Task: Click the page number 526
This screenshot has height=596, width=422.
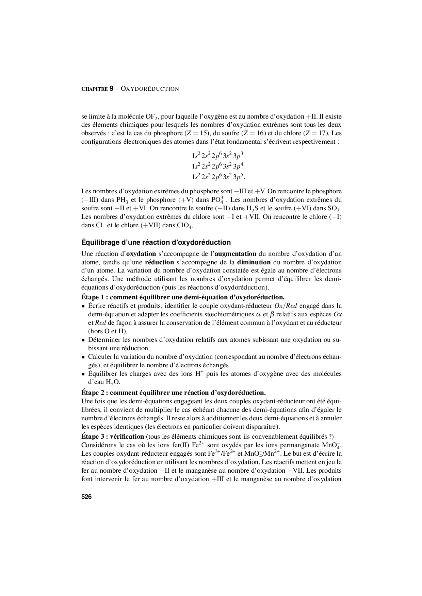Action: pyautogui.click(x=86, y=497)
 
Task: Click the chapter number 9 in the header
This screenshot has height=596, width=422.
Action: pyautogui.click(x=111, y=89)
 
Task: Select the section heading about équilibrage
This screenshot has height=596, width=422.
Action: pyautogui.click(x=156, y=242)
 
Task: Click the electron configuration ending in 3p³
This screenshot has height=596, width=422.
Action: pyautogui.click(x=217, y=156)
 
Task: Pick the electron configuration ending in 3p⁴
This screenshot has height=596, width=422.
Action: pyautogui.click(x=217, y=166)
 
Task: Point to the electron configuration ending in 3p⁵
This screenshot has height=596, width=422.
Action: pyautogui.click(x=217, y=177)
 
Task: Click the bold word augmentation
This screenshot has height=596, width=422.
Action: pyautogui.click(x=236, y=253)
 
